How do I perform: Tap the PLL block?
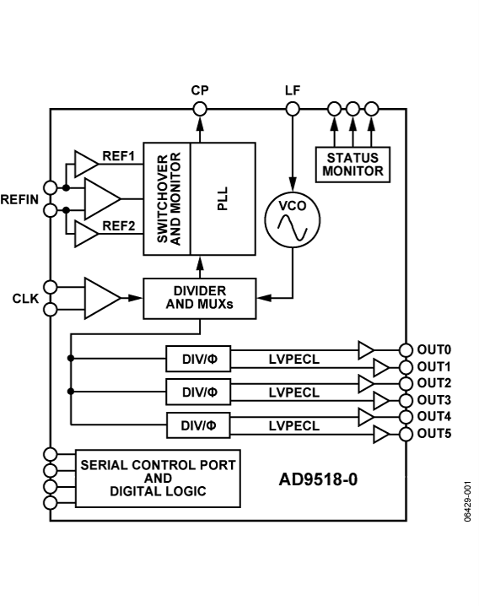[223, 197]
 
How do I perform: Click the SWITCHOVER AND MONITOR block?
[167, 197]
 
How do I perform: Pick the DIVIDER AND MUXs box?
[199, 298]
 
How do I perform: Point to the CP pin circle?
[200, 108]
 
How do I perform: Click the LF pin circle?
[293, 108]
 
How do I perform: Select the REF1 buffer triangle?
[86, 162]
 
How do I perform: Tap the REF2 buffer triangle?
[86, 234]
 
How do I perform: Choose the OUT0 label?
[434, 349]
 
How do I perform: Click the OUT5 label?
[434, 434]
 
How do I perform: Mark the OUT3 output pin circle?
[406, 399]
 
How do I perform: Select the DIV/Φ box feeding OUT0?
[199, 359]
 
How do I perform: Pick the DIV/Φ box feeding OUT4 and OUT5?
[199, 425]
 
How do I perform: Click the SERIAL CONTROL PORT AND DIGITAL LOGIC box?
[158, 478]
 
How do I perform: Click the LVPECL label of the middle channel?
[293, 392]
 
